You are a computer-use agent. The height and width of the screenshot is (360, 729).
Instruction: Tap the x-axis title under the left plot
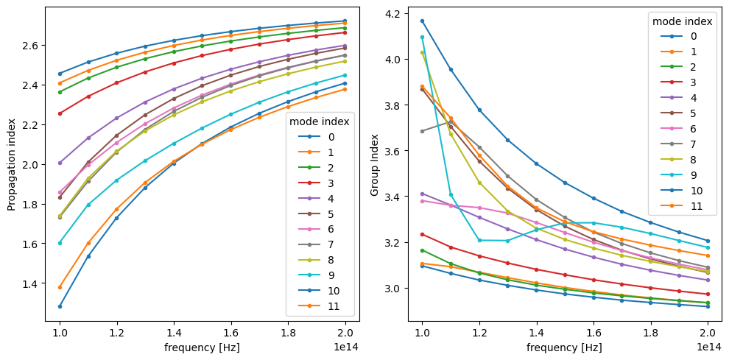tap(202, 347)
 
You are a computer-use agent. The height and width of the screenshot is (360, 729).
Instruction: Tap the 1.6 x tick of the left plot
tap(231, 332)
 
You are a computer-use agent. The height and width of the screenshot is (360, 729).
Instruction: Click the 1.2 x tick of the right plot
tap(479, 332)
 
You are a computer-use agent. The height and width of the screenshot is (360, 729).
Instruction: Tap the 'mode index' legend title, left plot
tap(319, 121)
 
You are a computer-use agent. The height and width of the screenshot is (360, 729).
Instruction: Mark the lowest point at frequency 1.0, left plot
tap(60, 306)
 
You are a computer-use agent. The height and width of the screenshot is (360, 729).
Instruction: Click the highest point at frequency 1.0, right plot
tap(422, 21)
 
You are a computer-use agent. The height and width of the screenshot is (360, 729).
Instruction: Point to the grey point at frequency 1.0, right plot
tap(422, 131)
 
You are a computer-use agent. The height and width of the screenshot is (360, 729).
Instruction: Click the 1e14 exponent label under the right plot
tap(708, 346)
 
